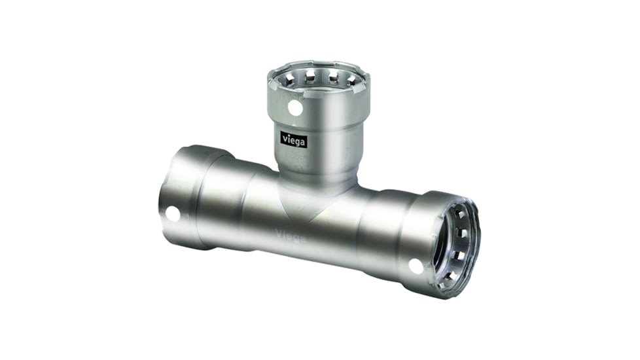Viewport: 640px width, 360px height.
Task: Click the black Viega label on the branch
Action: click(294, 139)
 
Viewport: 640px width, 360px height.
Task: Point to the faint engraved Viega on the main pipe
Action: click(291, 236)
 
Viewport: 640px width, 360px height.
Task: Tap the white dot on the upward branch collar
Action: click(295, 108)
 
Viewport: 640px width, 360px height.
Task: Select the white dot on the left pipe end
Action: click(173, 213)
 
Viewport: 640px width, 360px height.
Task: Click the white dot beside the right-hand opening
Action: click(416, 266)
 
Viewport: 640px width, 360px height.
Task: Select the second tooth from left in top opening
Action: click(310, 77)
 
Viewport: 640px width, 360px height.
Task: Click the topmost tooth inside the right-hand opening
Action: click(460, 212)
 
